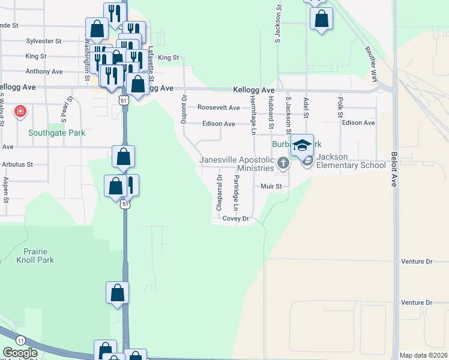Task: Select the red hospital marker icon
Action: pyautogui.click(x=20, y=112)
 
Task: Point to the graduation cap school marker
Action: pyautogui.click(x=303, y=145)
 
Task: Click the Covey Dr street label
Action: pyautogui.click(x=235, y=219)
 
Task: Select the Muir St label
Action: pyautogui.click(x=271, y=187)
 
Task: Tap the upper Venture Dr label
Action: pyautogui.click(x=416, y=262)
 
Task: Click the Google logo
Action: pyautogui.click(x=20, y=353)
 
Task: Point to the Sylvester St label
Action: pyautogui.click(x=44, y=41)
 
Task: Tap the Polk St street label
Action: pyautogui.click(x=340, y=107)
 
